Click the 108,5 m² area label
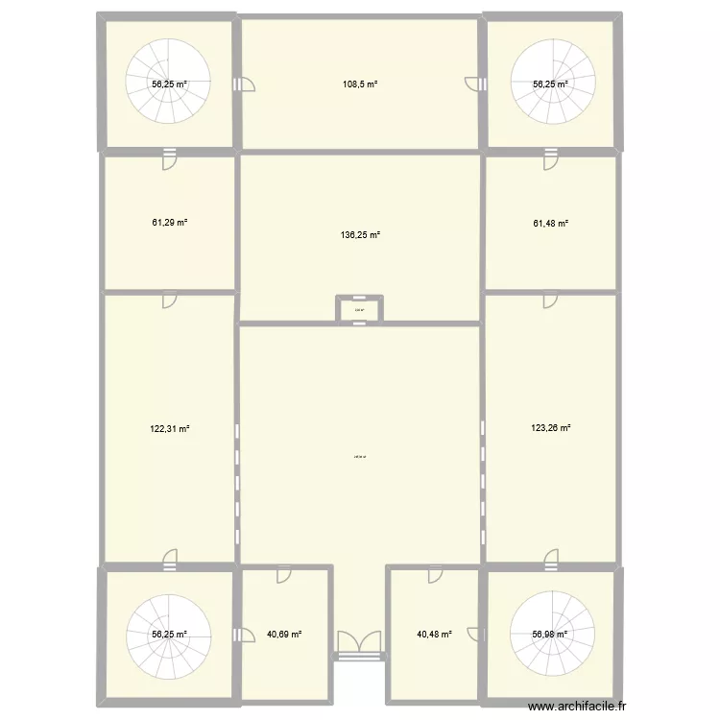[x=360, y=84]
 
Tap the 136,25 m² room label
[x=360, y=234]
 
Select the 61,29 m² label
[x=169, y=223]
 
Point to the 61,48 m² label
[x=551, y=223]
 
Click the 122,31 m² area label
[x=169, y=429]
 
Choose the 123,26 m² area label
[x=551, y=429]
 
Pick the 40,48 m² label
[x=433, y=634]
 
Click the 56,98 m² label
[x=551, y=634]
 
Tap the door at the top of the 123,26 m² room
[x=550, y=300]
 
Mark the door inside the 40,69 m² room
[x=284, y=575]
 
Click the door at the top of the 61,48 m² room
[x=550, y=159]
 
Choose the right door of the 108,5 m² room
[x=473, y=84]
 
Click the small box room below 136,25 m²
[x=359, y=309]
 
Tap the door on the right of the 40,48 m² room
[x=473, y=634]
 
